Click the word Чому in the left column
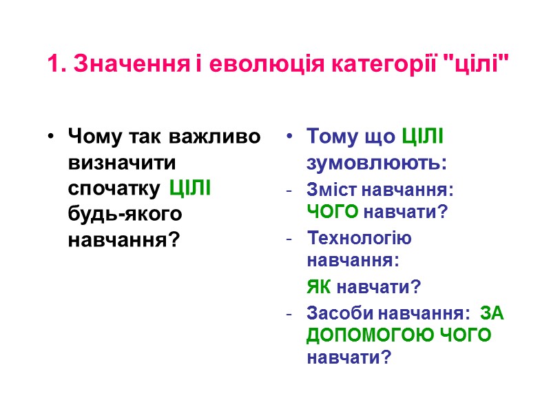point(90,137)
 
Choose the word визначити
point(123,163)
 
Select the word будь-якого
point(125,215)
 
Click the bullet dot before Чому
point(51,137)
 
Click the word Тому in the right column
point(331,137)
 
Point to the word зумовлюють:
point(377,164)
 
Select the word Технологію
point(360,239)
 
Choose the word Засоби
point(339,313)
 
